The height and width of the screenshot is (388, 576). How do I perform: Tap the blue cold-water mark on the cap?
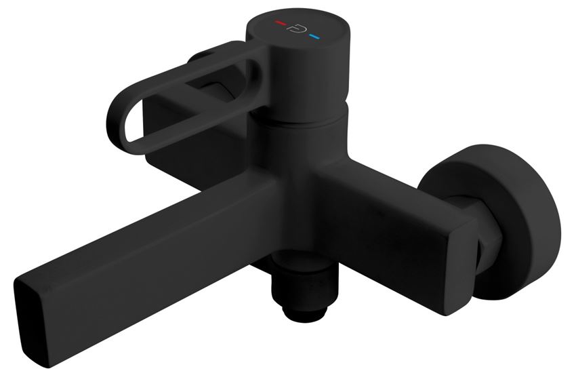click(314, 34)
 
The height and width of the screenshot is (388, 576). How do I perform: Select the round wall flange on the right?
click(515, 217)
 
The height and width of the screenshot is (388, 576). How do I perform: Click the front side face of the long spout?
click(169, 285)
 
